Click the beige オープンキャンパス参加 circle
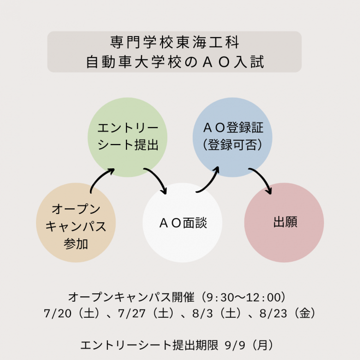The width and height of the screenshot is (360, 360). coord(76,222)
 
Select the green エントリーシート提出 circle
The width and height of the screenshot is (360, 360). coord(127,137)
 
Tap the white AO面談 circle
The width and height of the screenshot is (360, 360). coord(182,222)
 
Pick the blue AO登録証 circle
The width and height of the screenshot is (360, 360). coord(233,137)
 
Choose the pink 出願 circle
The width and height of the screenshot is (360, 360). coord(284,222)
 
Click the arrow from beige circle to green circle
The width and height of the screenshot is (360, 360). coord(99,177)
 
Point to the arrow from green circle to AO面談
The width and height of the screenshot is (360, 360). coord(159,178)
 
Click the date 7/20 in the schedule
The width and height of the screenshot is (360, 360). coord(57,313)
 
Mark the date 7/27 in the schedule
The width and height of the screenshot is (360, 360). coord(132,313)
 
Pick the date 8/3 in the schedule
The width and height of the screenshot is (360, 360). coord(202,313)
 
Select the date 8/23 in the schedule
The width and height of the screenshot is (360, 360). coord(273,313)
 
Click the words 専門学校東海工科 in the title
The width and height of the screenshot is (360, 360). coord(175,42)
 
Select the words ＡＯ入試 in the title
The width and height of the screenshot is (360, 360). coord(233,62)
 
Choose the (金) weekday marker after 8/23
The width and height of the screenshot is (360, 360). coord(305,313)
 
